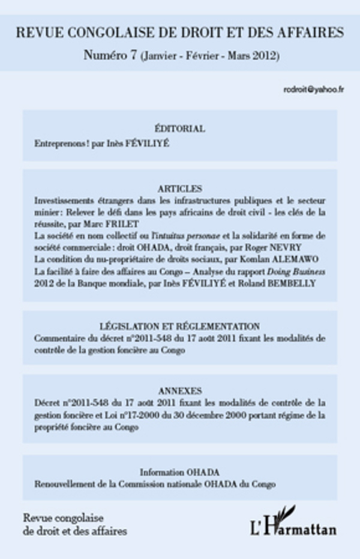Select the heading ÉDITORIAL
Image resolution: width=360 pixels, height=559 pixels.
[x=179, y=128]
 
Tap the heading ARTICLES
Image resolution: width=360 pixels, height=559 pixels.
[x=180, y=188]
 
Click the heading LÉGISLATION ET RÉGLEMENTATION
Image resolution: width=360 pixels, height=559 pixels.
[x=180, y=326]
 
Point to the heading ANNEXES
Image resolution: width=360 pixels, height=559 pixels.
[x=180, y=390]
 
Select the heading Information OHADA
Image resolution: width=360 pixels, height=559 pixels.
[x=180, y=471]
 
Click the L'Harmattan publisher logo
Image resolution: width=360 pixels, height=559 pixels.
[x=293, y=522]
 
